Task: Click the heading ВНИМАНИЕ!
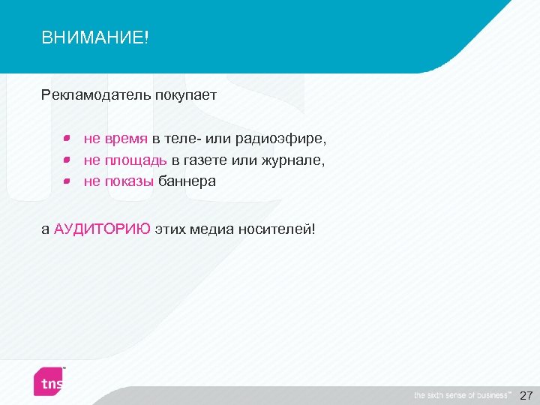[95, 37]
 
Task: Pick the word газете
[207, 160]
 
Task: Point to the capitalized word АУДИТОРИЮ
[102, 229]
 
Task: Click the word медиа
[210, 229]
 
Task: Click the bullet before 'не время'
[66, 139]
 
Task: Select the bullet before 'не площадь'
[66, 160]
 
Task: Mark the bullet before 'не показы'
[66, 181]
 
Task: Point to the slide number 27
[526, 395]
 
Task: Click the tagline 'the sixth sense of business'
[461, 395]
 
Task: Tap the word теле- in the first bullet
[177, 139]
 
